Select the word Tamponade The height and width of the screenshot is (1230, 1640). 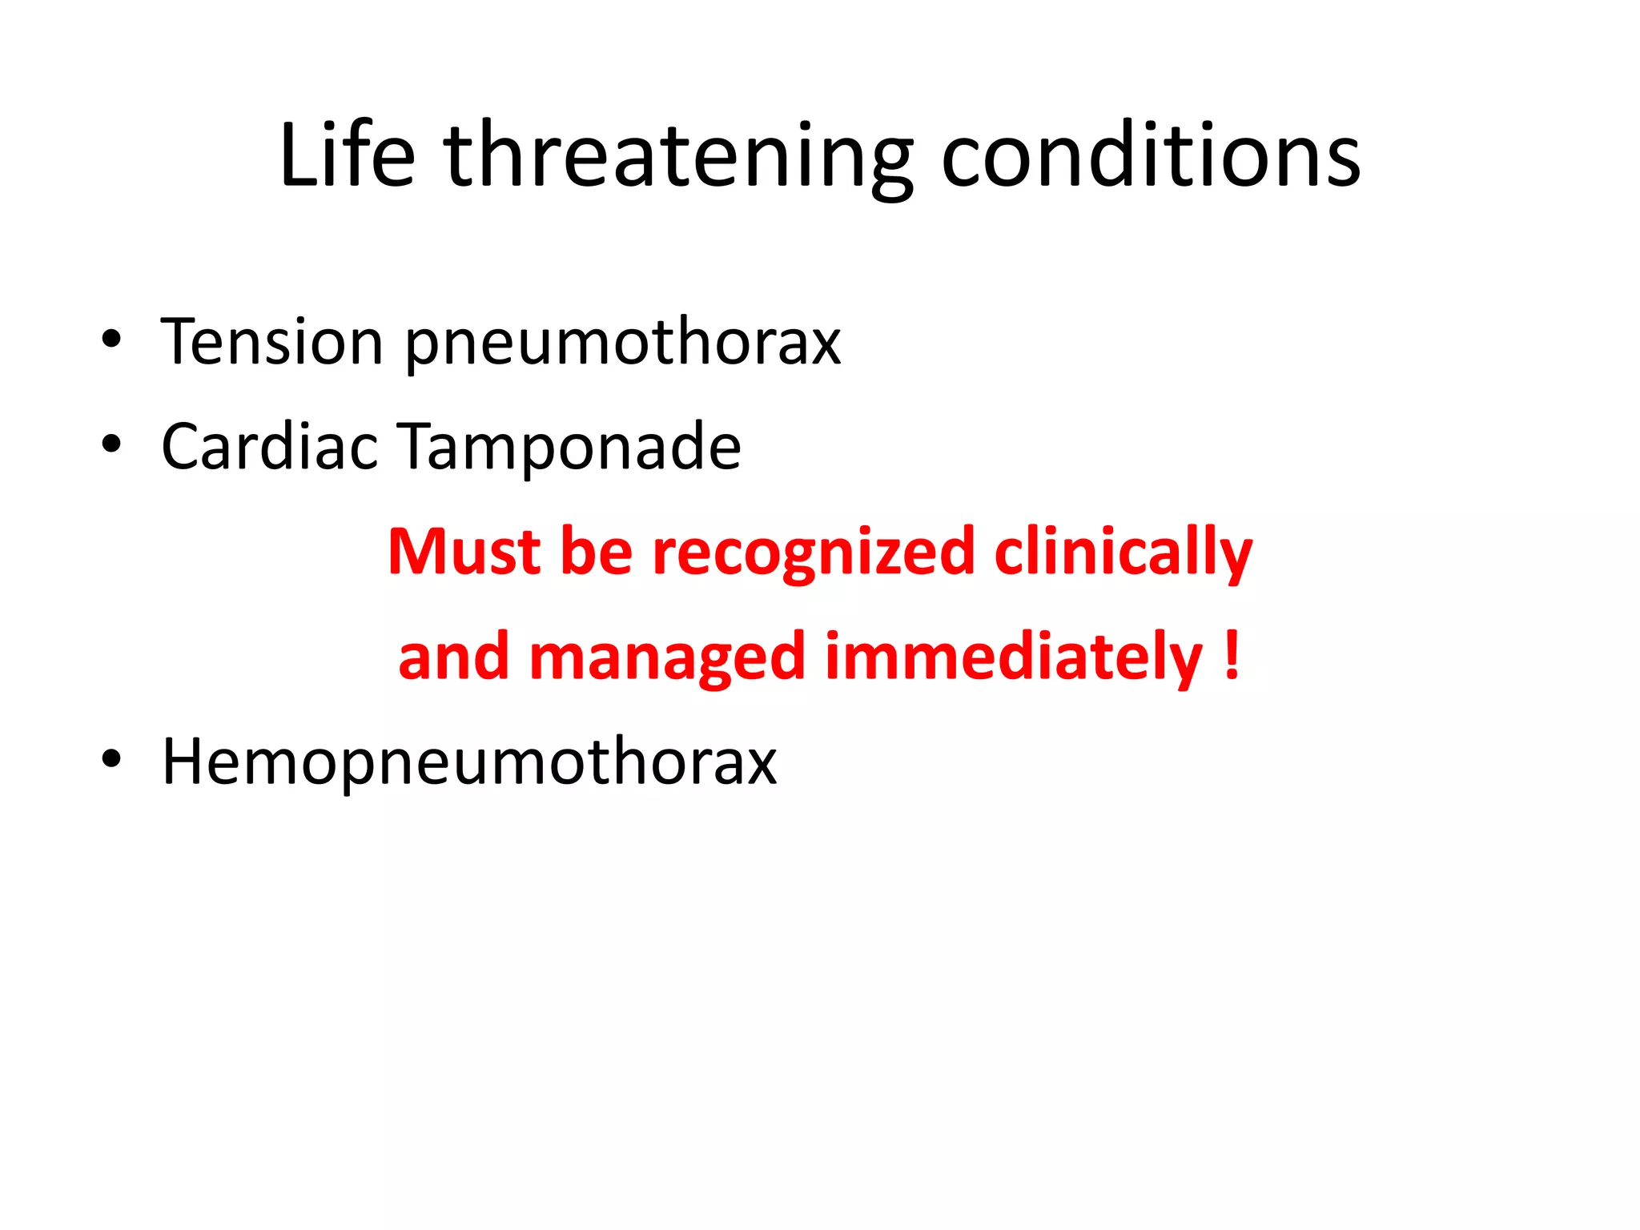click(x=571, y=447)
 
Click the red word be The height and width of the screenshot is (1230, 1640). click(x=597, y=552)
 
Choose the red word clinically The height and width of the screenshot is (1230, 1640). click(x=1123, y=553)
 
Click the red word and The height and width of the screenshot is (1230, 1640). click(x=454, y=657)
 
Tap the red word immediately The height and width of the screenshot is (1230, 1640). click(x=1014, y=657)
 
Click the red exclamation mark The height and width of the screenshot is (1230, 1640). click(x=1232, y=655)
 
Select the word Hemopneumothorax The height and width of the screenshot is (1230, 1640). click(x=469, y=762)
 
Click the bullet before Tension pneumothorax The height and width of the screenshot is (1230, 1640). click(x=111, y=340)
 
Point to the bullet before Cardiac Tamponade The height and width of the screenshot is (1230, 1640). click(x=111, y=444)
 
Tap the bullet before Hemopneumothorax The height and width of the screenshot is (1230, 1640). click(x=111, y=760)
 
